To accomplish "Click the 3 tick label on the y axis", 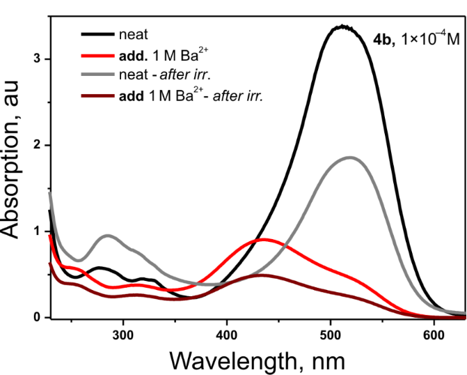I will click(x=39, y=59).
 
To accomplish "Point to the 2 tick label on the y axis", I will click(x=39, y=145).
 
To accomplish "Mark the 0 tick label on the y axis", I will click(x=39, y=317).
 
